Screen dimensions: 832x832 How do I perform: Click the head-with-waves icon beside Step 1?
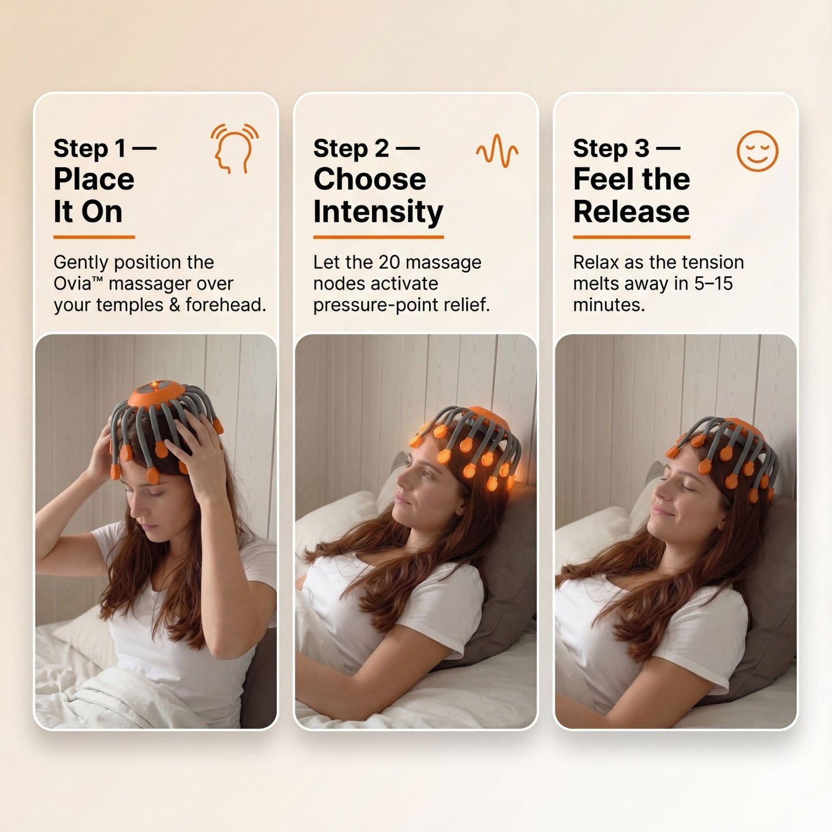tap(234, 148)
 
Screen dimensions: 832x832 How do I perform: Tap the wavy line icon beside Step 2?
tap(496, 150)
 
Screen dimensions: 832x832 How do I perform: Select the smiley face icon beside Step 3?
tap(757, 151)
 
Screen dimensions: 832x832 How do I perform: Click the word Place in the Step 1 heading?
tap(94, 180)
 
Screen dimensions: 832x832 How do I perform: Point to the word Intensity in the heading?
tap(378, 212)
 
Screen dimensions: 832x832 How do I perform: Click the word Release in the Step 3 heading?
tap(631, 212)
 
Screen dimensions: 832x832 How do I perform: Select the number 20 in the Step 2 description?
tap(389, 263)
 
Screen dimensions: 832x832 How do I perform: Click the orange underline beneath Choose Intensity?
tap(378, 237)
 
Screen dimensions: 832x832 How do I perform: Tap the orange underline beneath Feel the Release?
tap(631, 237)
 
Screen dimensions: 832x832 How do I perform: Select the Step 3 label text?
tap(611, 149)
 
